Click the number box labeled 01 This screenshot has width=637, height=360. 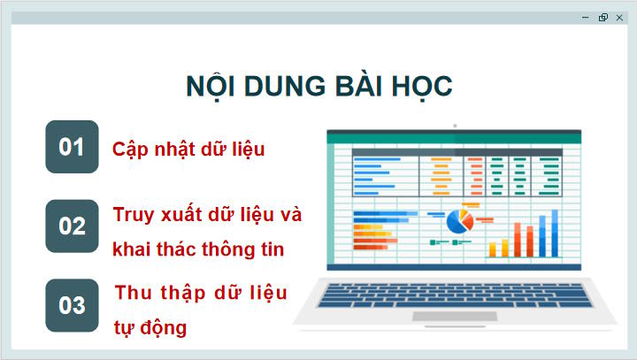72,147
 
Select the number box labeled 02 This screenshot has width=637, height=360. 72,226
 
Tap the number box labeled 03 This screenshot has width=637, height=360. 72,305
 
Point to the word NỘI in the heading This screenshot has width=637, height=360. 212,87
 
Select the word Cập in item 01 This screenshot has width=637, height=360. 131,149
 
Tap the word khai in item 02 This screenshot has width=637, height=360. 133,249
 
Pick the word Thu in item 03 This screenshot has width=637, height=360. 134,294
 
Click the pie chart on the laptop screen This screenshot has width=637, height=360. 458,221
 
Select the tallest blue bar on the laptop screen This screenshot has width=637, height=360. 555,233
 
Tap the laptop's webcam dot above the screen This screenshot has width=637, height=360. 455,126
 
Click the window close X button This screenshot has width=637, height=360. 619,17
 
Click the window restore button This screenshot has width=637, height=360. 602,17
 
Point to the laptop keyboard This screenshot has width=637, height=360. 455,294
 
